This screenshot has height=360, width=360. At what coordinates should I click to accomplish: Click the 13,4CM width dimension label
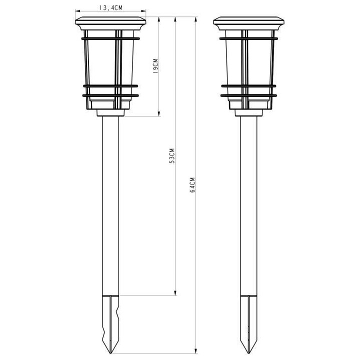click(x=111, y=7)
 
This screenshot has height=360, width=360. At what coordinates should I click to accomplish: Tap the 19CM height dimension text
click(x=155, y=66)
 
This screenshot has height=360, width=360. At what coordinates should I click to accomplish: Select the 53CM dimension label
click(x=172, y=155)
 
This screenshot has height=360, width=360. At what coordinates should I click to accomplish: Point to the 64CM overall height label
click(x=192, y=184)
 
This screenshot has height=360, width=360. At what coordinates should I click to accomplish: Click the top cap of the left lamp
click(x=110, y=23)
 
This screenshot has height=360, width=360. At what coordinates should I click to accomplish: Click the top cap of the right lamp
click(x=248, y=23)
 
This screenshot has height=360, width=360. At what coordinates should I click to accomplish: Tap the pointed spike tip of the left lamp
click(x=110, y=353)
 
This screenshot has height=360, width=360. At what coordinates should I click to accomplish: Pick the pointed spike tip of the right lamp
click(x=249, y=353)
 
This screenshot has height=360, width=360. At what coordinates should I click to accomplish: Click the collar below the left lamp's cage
click(x=110, y=112)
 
